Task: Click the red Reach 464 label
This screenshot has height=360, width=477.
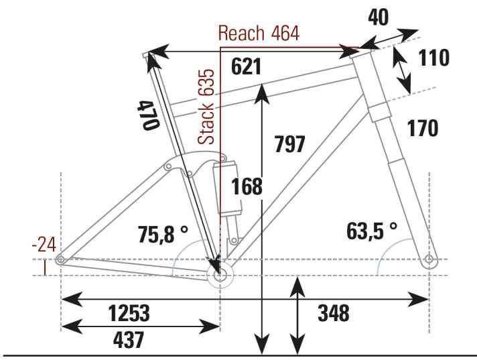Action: click(259, 34)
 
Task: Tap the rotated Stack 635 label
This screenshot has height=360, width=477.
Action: click(207, 106)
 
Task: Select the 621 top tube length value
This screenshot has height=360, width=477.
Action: click(245, 66)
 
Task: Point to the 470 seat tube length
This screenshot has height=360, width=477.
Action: click(148, 114)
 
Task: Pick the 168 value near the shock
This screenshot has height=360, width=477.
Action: click(247, 188)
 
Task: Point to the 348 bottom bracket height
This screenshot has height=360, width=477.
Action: click(334, 313)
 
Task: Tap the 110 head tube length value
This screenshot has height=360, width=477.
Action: click(433, 59)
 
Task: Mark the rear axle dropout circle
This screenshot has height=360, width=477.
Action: click(61, 259)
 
